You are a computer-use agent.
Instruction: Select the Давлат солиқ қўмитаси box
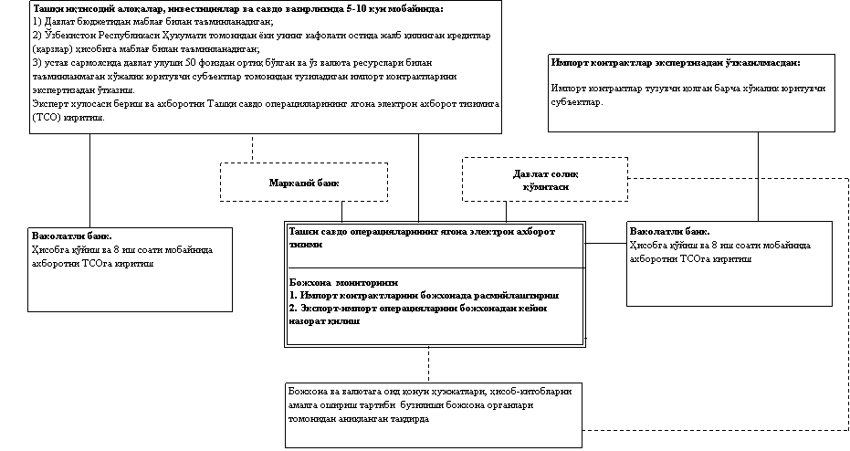click(545, 180)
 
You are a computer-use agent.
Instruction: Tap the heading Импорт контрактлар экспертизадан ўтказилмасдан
click(677, 63)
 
